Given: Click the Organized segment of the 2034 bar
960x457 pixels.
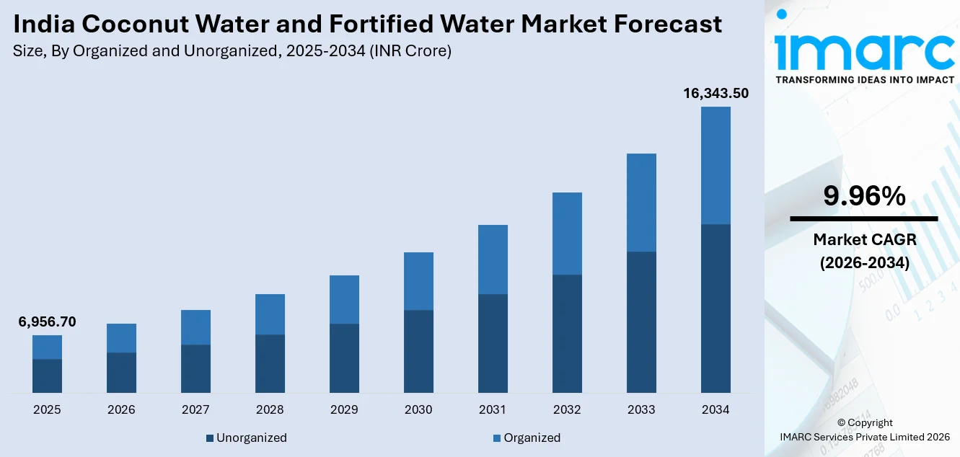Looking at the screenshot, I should point(715,166).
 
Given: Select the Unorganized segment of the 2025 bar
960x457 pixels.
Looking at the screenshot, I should point(47,376).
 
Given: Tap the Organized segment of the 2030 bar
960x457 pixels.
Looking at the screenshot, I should point(418,281).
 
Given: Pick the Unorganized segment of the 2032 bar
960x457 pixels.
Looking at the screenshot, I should point(567,333).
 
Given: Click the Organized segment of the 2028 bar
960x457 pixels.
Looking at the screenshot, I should point(270,314).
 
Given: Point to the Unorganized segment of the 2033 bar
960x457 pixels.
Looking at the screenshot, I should point(641,321).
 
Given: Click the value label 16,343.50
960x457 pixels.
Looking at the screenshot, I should point(715,93).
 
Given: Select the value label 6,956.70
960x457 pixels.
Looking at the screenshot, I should point(47,321).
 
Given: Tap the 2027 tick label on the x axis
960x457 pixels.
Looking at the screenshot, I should point(195,409).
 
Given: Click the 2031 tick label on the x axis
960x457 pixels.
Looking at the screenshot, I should point(493,409).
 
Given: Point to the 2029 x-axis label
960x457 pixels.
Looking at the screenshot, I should point(344,409).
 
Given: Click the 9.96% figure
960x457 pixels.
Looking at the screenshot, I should point(863,196).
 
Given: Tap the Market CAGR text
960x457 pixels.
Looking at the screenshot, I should point(863,239).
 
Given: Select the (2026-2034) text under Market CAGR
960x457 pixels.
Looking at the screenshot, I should point(863,263).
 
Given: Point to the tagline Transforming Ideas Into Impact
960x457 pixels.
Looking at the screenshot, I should point(864,79).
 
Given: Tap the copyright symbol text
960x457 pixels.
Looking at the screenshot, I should point(864,423).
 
